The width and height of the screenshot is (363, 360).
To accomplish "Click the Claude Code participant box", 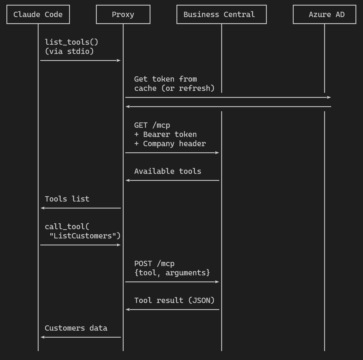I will pos(38,15).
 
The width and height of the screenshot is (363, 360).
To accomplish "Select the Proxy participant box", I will pos(123,15).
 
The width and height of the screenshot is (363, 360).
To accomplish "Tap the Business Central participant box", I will pos(221,15).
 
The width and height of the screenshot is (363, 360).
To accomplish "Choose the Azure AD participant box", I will pos(324,15).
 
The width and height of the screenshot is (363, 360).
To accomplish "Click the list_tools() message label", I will pos(72,42).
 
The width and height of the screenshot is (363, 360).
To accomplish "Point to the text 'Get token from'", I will pos(166,79).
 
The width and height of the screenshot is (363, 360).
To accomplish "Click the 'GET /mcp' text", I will pos(152,125).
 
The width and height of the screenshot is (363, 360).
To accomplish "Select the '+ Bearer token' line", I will pos(166,134).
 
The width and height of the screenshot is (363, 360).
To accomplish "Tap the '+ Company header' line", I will pos(170,144).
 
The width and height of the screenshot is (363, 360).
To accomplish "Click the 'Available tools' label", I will pos(168,171).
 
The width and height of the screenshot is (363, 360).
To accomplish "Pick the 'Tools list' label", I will pos(67,199).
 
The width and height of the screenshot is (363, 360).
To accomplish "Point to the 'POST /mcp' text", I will pos(154,264).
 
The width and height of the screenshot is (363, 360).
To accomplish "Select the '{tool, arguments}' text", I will pos(172,273).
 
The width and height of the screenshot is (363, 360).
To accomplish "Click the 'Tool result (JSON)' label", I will pos(175,300).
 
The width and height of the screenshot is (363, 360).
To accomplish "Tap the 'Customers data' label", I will pos(76,328).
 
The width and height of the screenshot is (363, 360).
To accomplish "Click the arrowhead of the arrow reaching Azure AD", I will pos(329,97).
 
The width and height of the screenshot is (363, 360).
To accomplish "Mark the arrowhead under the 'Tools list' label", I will pos(43,208).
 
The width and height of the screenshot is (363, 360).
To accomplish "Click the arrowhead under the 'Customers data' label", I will pos(43,337).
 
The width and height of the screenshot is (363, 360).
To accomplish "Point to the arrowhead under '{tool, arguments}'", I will pos(217,282).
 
